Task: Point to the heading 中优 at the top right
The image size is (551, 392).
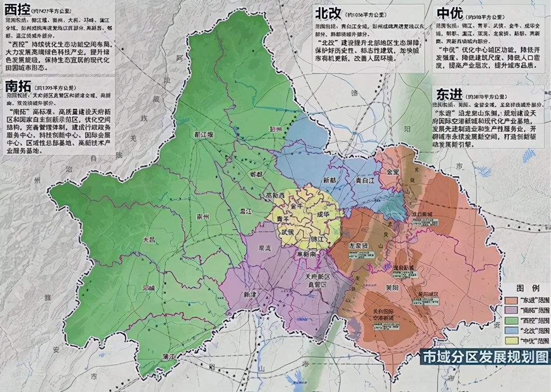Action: click(x=450, y=12)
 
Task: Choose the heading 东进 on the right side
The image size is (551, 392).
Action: click(x=450, y=95)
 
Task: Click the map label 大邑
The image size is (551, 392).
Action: click(x=149, y=239)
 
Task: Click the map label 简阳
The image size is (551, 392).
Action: click(x=392, y=288)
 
